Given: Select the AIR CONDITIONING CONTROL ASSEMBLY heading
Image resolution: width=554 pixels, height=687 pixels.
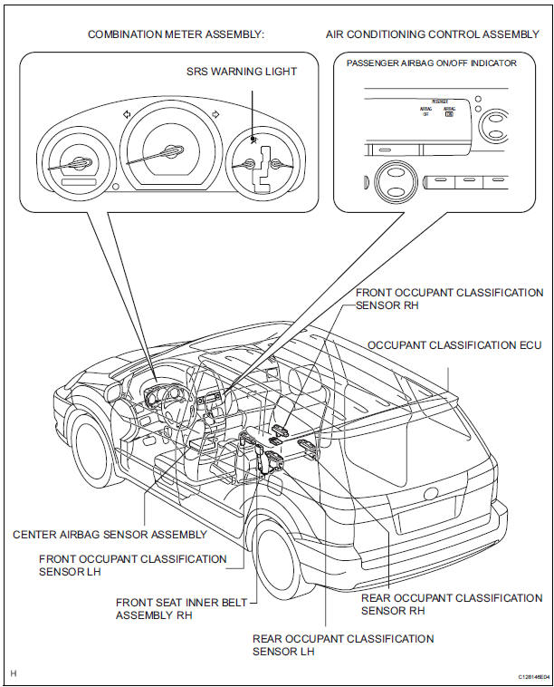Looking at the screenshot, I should (432, 34).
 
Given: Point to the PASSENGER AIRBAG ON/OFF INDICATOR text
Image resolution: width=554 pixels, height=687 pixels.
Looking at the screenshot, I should (432, 63).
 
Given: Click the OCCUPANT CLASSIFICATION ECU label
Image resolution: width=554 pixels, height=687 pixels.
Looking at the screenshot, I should (455, 345).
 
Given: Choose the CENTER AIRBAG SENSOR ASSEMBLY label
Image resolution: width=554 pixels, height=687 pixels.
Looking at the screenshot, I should (102, 535).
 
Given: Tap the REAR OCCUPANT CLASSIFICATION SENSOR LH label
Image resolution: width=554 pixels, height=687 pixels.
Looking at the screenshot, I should (342, 645).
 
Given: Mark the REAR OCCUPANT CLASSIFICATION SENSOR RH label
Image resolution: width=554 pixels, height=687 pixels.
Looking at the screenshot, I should (451, 605).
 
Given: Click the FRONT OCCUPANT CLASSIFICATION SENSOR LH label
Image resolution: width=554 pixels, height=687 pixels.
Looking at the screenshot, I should (132, 565).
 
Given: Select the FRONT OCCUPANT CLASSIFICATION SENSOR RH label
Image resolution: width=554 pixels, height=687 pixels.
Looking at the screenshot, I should (449, 299).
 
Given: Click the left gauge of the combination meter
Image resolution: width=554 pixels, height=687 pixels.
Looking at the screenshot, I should (78, 164).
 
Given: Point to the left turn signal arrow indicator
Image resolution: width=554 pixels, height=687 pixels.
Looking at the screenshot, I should (126, 114).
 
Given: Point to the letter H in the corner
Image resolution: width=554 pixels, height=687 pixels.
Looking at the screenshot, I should (13, 674).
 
